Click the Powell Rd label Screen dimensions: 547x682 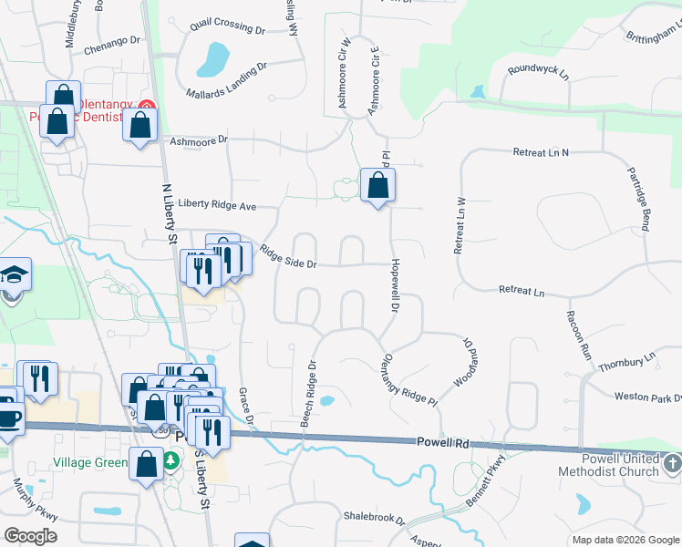point(442,443)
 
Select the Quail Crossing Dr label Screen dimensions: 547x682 point(227,28)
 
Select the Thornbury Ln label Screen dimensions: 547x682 point(627,362)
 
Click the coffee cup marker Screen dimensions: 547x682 point(8,419)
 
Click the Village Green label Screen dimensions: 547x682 point(89,462)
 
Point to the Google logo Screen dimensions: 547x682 point(30,536)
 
